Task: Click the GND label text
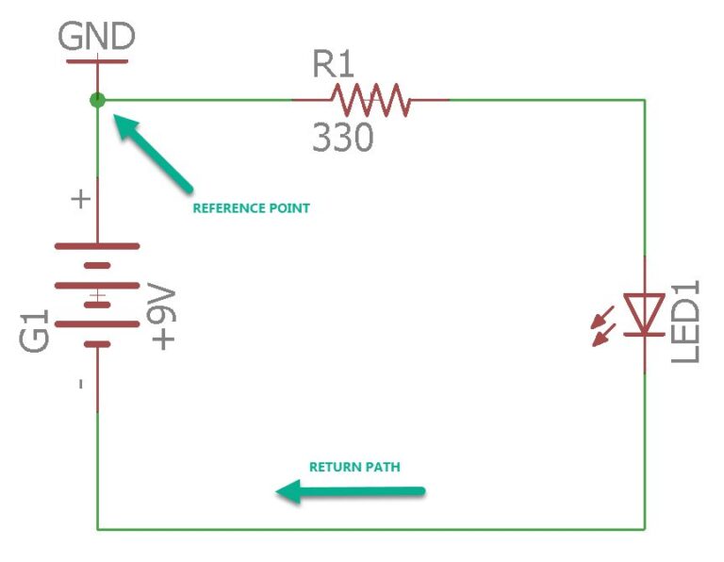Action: click(x=97, y=37)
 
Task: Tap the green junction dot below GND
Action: click(x=97, y=99)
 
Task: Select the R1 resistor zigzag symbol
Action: click(x=370, y=99)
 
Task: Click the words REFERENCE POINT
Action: click(x=251, y=208)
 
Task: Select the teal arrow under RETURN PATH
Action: click(x=351, y=491)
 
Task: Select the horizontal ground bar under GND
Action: click(x=97, y=61)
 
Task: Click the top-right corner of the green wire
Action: click(x=645, y=99)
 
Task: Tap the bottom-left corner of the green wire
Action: click(x=97, y=528)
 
